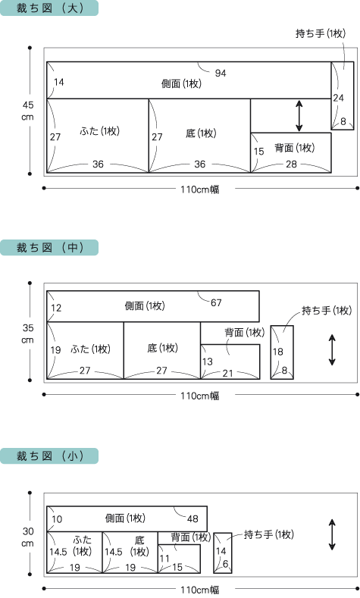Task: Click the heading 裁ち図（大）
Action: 49,8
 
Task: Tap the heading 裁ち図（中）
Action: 49,248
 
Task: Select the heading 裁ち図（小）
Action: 49,456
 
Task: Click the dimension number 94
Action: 221,73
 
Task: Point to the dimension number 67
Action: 216,302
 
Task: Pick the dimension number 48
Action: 193,518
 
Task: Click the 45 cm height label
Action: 27,111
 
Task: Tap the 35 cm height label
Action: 27,333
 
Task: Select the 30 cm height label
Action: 27,537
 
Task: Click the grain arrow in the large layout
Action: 299,116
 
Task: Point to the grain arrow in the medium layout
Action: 332,350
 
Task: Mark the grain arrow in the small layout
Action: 332,534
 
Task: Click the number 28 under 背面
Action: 291,164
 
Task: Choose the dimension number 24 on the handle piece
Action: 338,98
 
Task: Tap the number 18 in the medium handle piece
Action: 277,352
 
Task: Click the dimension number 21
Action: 227,373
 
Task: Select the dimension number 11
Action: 164,559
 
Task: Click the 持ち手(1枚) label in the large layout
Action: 321,33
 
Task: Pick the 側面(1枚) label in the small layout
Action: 125,518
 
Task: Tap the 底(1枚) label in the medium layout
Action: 162,348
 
